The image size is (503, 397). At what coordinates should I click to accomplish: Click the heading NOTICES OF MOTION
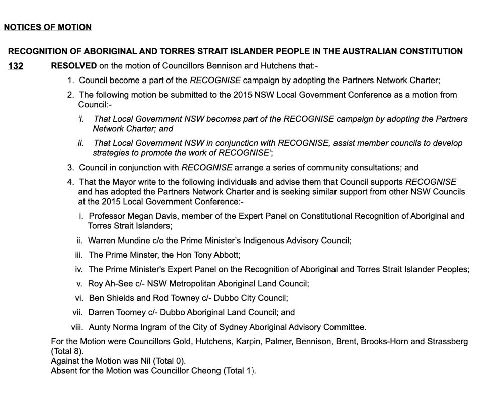[47, 27]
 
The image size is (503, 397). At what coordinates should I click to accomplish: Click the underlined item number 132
[16, 66]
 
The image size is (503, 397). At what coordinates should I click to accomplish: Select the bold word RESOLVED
[74, 66]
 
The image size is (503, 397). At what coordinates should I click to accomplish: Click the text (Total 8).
[67, 351]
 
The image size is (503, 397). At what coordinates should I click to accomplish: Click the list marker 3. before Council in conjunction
[70, 168]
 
